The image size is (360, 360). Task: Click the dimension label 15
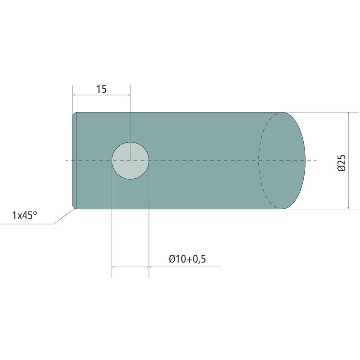click(x=102, y=89)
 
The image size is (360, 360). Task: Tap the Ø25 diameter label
click(x=342, y=163)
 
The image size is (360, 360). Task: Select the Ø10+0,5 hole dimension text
click(x=187, y=259)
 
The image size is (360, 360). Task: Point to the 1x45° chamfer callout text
click(x=25, y=216)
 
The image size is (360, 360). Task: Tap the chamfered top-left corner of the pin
click(x=74, y=114)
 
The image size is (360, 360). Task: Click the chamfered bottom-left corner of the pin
click(x=74, y=207)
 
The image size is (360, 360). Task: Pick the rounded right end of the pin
click(x=306, y=161)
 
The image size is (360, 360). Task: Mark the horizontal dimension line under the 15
click(x=102, y=95)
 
